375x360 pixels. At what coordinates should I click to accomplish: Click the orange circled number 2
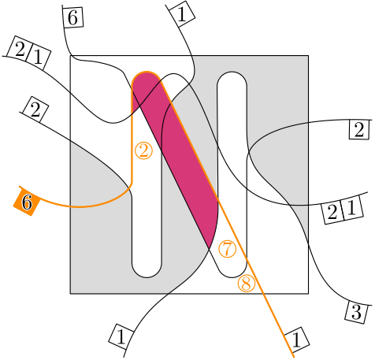[143, 151]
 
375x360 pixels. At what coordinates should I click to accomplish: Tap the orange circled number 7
[228, 249]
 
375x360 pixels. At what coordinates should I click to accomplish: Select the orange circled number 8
[247, 284]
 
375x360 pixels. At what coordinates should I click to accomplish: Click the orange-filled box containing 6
[27, 202]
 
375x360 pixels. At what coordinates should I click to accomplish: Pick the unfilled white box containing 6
[72, 17]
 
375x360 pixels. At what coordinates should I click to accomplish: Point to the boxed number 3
[356, 313]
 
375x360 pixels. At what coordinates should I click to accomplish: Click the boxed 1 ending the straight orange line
[296, 340]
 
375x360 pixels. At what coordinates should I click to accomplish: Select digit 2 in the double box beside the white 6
[20, 50]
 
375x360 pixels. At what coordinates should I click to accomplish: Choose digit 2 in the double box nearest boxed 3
[332, 212]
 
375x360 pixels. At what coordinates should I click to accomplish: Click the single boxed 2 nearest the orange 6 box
[35, 109]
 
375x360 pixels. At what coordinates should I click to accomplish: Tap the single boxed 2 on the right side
[359, 130]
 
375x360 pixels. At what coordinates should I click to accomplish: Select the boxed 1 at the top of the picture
[182, 15]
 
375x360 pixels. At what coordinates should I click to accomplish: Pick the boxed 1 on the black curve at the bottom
[121, 336]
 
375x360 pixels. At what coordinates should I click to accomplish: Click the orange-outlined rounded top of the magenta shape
[147, 72]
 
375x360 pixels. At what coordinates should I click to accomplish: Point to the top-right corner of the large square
[308, 56]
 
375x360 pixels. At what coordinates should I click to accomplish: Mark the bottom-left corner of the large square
[70, 293]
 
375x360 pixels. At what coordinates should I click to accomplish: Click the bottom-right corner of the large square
[308, 293]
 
